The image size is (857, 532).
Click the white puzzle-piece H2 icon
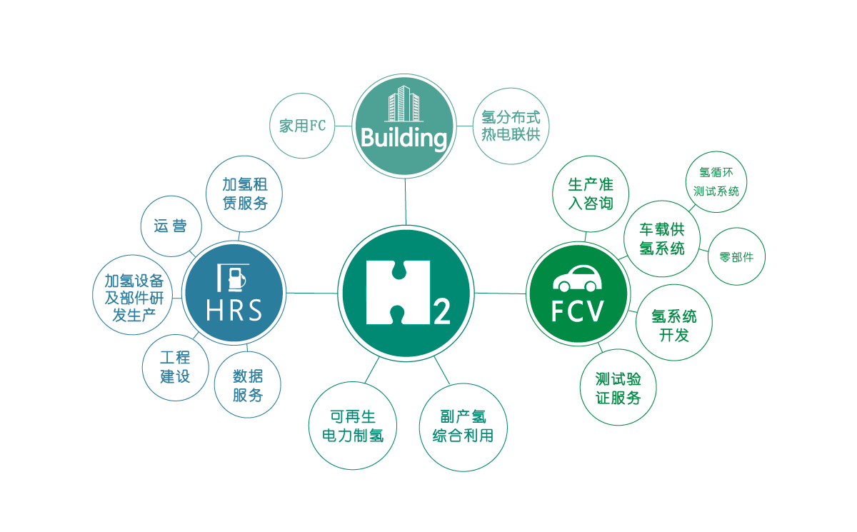(x=399, y=293)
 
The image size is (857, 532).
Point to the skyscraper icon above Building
(x=404, y=105)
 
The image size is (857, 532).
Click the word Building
(x=404, y=138)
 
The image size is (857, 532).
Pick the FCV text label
(x=578, y=311)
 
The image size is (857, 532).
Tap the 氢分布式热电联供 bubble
(x=511, y=126)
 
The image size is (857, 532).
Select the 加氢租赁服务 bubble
(x=244, y=194)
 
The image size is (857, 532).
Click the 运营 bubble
(x=171, y=226)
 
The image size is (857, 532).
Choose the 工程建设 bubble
(x=175, y=367)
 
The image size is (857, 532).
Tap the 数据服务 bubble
(x=248, y=386)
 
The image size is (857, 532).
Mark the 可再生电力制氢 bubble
(x=353, y=426)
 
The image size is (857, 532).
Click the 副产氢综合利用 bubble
(x=463, y=427)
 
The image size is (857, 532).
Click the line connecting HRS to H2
(x=312, y=293)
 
